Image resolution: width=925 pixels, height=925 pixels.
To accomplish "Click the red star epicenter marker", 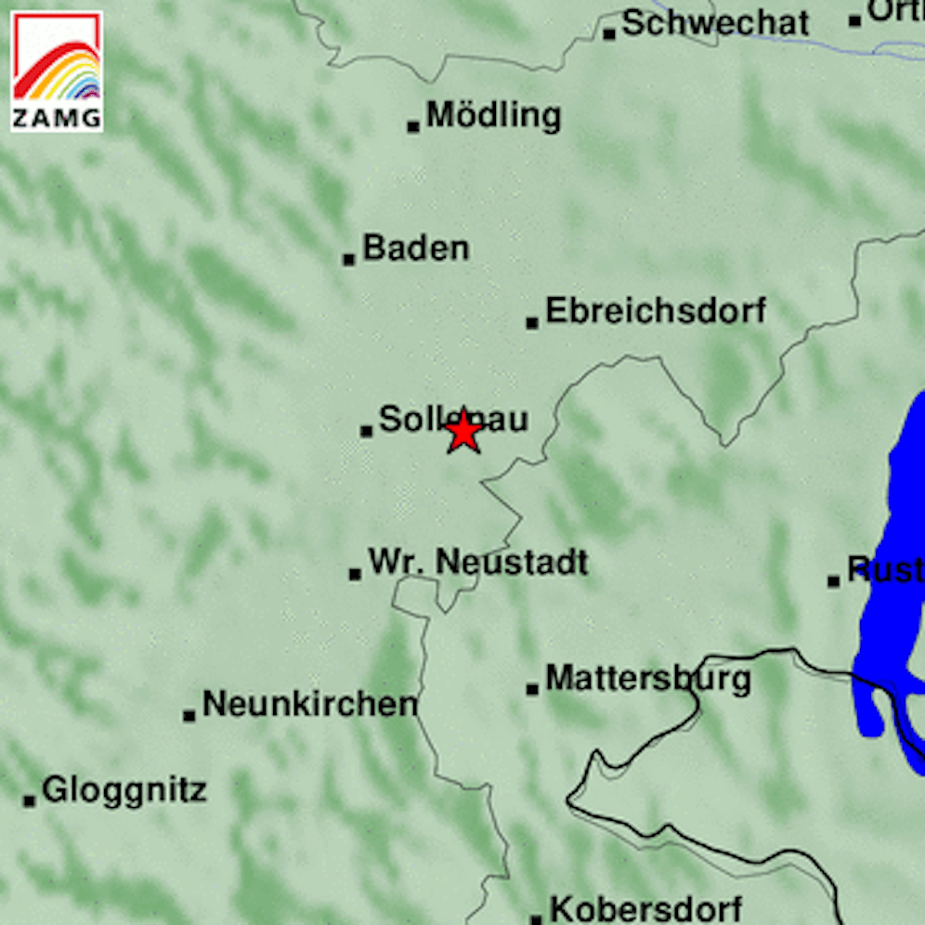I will coord(462,433).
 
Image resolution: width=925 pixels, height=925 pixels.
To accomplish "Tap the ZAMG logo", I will coord(57,72).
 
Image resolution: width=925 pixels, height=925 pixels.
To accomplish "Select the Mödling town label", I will coord(493,116).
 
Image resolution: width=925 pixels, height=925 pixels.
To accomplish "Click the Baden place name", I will coord(415,248).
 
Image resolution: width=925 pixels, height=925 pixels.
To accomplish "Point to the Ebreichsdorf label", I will coord(656,310).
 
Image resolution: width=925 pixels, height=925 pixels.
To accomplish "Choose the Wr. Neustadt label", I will coord(478,562).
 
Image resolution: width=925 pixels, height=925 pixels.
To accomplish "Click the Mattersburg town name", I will coord(647,678).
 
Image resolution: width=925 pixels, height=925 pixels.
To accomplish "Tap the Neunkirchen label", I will coord(309,704).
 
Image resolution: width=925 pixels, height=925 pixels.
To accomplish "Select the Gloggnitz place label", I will coord(124,790).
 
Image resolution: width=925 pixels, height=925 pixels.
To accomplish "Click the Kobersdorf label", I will coord(645,907).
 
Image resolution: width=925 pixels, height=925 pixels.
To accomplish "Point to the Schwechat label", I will coord(715,23).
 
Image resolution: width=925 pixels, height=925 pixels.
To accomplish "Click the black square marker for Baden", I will coord(349,259).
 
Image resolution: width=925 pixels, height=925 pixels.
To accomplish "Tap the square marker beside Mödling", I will coord(413,125).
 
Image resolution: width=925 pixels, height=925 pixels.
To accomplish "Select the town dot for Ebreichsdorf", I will coord(532,323).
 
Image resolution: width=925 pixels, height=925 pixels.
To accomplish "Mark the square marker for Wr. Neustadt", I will coord(355,574).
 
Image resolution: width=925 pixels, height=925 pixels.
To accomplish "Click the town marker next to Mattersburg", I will coord(532,689).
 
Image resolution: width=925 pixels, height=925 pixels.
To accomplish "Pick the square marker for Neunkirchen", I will coord(189,715).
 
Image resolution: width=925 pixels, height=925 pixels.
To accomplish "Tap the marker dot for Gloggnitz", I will coord(30,800).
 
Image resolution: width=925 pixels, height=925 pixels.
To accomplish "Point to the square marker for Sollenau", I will coord(366,430).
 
